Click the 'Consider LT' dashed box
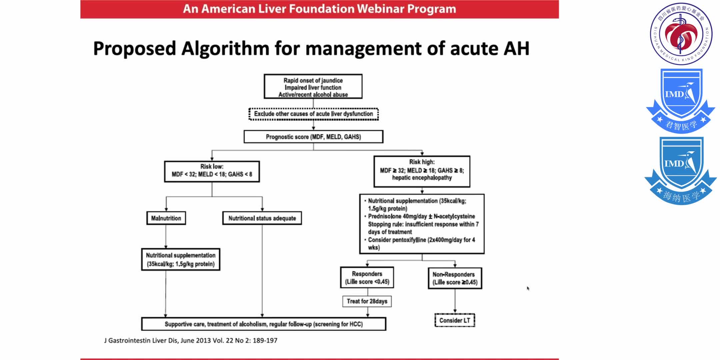pyautogui.click(x=455, y=320)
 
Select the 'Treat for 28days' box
pyautogui.click(x=367, y=301)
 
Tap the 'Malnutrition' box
pyautogui.click(x=166, y=218)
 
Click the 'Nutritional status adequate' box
pyautogui.click(x=262, y=218)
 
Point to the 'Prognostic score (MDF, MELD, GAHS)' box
pyautogui.click(x=313, y=137)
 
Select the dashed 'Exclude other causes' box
pyautogui.click(x=313, y=114)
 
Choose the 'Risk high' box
pyautogui.click(x=422, y=171)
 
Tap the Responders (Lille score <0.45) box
pyautogui.click(x=367, y=278)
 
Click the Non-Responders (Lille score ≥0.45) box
pyautogui.click(x=455, y=278)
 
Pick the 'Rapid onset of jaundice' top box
pyautogui.click(x=313, y=87)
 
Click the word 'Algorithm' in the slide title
pyautogui.click(x=225, y=49)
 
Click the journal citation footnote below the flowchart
pyautogui.click(x=191, y=341)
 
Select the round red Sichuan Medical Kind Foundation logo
pyautogui.click(x=681, y=33)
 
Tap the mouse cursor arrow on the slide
pyautogui.click(x=528, y=288)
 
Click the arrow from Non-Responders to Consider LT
pyautogui.click(x=455, y=301)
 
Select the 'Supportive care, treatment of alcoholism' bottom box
pyautogui.click(x=264, y=324)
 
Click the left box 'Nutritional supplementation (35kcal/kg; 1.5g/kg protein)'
pyautogui.click(x=181, y=260)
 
